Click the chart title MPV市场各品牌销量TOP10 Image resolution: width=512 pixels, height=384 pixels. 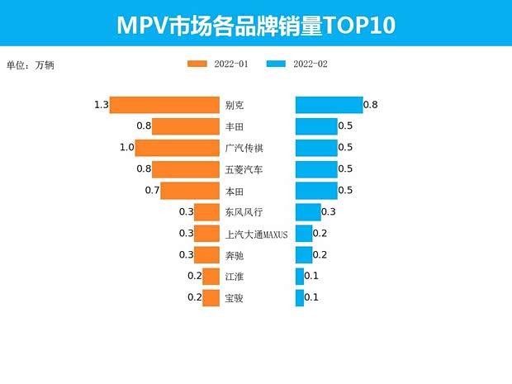pos(255,25)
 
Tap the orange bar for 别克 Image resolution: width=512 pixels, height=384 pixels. pos(164,105)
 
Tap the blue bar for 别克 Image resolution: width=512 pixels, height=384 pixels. pos(329,105)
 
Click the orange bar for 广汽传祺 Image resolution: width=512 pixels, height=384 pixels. pos(177,148)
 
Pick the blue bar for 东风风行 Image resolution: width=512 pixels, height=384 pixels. pos(308,212)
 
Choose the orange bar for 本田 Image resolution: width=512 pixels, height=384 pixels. pos(189,191)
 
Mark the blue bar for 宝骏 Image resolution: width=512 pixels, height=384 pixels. pos(300,297)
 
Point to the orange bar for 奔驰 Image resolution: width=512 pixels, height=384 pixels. pos(206,254)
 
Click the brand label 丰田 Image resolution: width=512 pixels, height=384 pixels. pos(235,126)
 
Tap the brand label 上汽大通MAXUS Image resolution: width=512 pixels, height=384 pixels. pos(256,234)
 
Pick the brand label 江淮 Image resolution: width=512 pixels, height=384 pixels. pos(235,276)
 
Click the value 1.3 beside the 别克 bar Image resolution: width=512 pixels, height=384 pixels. pos(102,105)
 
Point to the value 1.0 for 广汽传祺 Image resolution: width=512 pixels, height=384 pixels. pos(126,148)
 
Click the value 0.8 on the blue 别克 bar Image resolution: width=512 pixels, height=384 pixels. pos(370,105)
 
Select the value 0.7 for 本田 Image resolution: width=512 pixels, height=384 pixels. pos(152,191)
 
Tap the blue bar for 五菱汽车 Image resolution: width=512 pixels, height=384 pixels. pos(316,169)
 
